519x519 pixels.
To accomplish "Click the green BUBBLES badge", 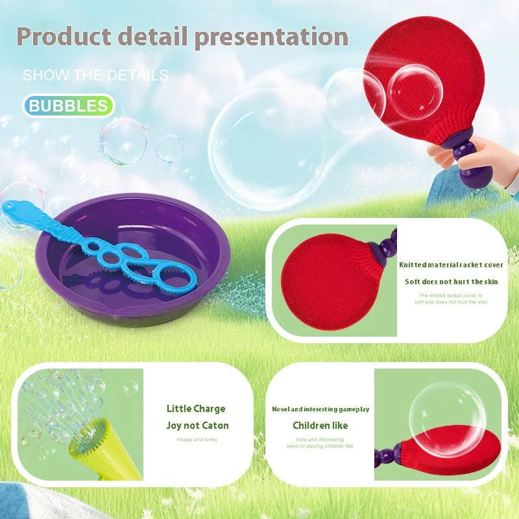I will [x=68, y=106].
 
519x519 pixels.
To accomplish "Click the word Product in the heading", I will [x=61, y=36].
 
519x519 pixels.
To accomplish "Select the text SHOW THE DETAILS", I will [x=95, y=75].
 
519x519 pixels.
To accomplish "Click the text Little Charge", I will [x=196, y=409].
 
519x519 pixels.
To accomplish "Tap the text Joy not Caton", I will [x=197, y=426].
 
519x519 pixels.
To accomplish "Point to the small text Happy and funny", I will [x=197, y=440].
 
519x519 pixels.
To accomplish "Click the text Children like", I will [x=320, y=426].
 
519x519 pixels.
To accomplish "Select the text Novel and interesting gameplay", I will [x=320, y=409].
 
